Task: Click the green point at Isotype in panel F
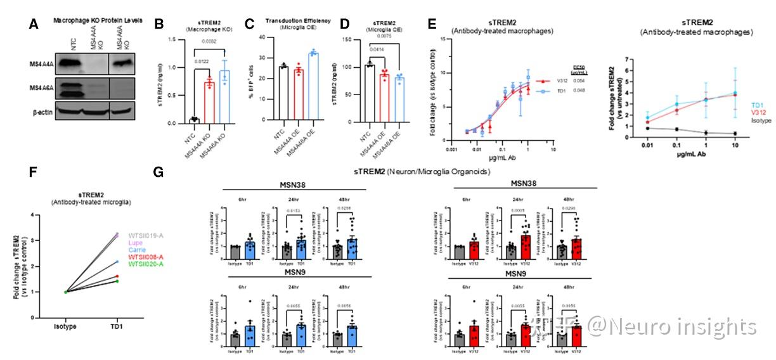click(66, 292)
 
